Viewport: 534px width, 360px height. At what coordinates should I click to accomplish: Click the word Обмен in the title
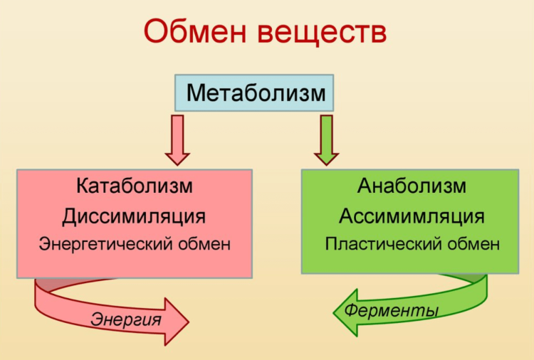[x=195, y=31]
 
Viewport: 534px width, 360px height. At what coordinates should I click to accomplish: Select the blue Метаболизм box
[x=254, y=93]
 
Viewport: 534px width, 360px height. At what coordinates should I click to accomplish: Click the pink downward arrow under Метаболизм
[x=177, y=140]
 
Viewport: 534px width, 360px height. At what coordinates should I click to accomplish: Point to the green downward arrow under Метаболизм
[x=326, y=140]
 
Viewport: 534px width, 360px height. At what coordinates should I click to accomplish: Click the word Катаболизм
[x=134, y=186]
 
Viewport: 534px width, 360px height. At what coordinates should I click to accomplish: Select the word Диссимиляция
[x=134, y=217]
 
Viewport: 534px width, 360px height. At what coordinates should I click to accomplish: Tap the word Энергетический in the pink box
[x=103, y=244]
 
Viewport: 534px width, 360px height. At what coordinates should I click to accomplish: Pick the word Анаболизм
[x=412, y=186]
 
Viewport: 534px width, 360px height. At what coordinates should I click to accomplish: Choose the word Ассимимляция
[x=412, y=216]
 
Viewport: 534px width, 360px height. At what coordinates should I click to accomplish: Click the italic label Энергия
[x=125, y=319]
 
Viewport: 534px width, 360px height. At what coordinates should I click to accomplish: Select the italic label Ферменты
[x=391, y=310]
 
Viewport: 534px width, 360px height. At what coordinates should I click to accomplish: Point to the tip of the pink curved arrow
[x=189, y=322]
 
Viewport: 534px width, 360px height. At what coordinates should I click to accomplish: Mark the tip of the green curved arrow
[x=333, y=313]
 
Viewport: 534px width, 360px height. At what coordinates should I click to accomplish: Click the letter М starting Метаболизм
[x=196, y=92]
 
